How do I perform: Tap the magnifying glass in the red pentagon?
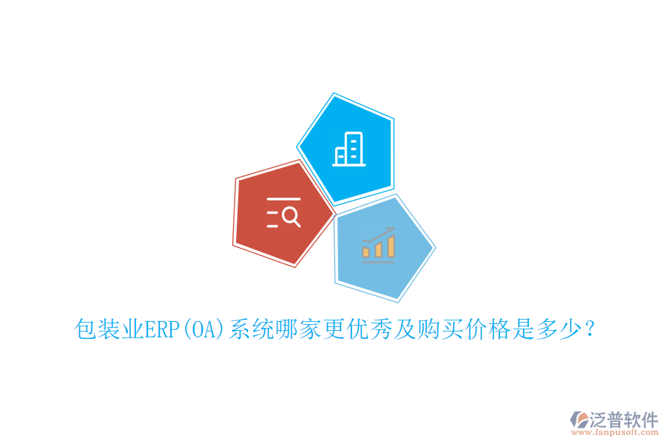(x=292, y=216)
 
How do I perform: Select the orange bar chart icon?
(x=378, y=244)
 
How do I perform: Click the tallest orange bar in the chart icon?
(x=391, y=246)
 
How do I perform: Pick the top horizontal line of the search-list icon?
(x=283, y=199)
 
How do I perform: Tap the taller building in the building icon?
(x=354, y=148)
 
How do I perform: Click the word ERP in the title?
(x=163, y=329)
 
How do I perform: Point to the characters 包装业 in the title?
(x=109, y=329)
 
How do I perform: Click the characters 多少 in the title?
(x=548, y=329)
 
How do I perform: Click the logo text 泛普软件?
(x=624, y=420)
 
